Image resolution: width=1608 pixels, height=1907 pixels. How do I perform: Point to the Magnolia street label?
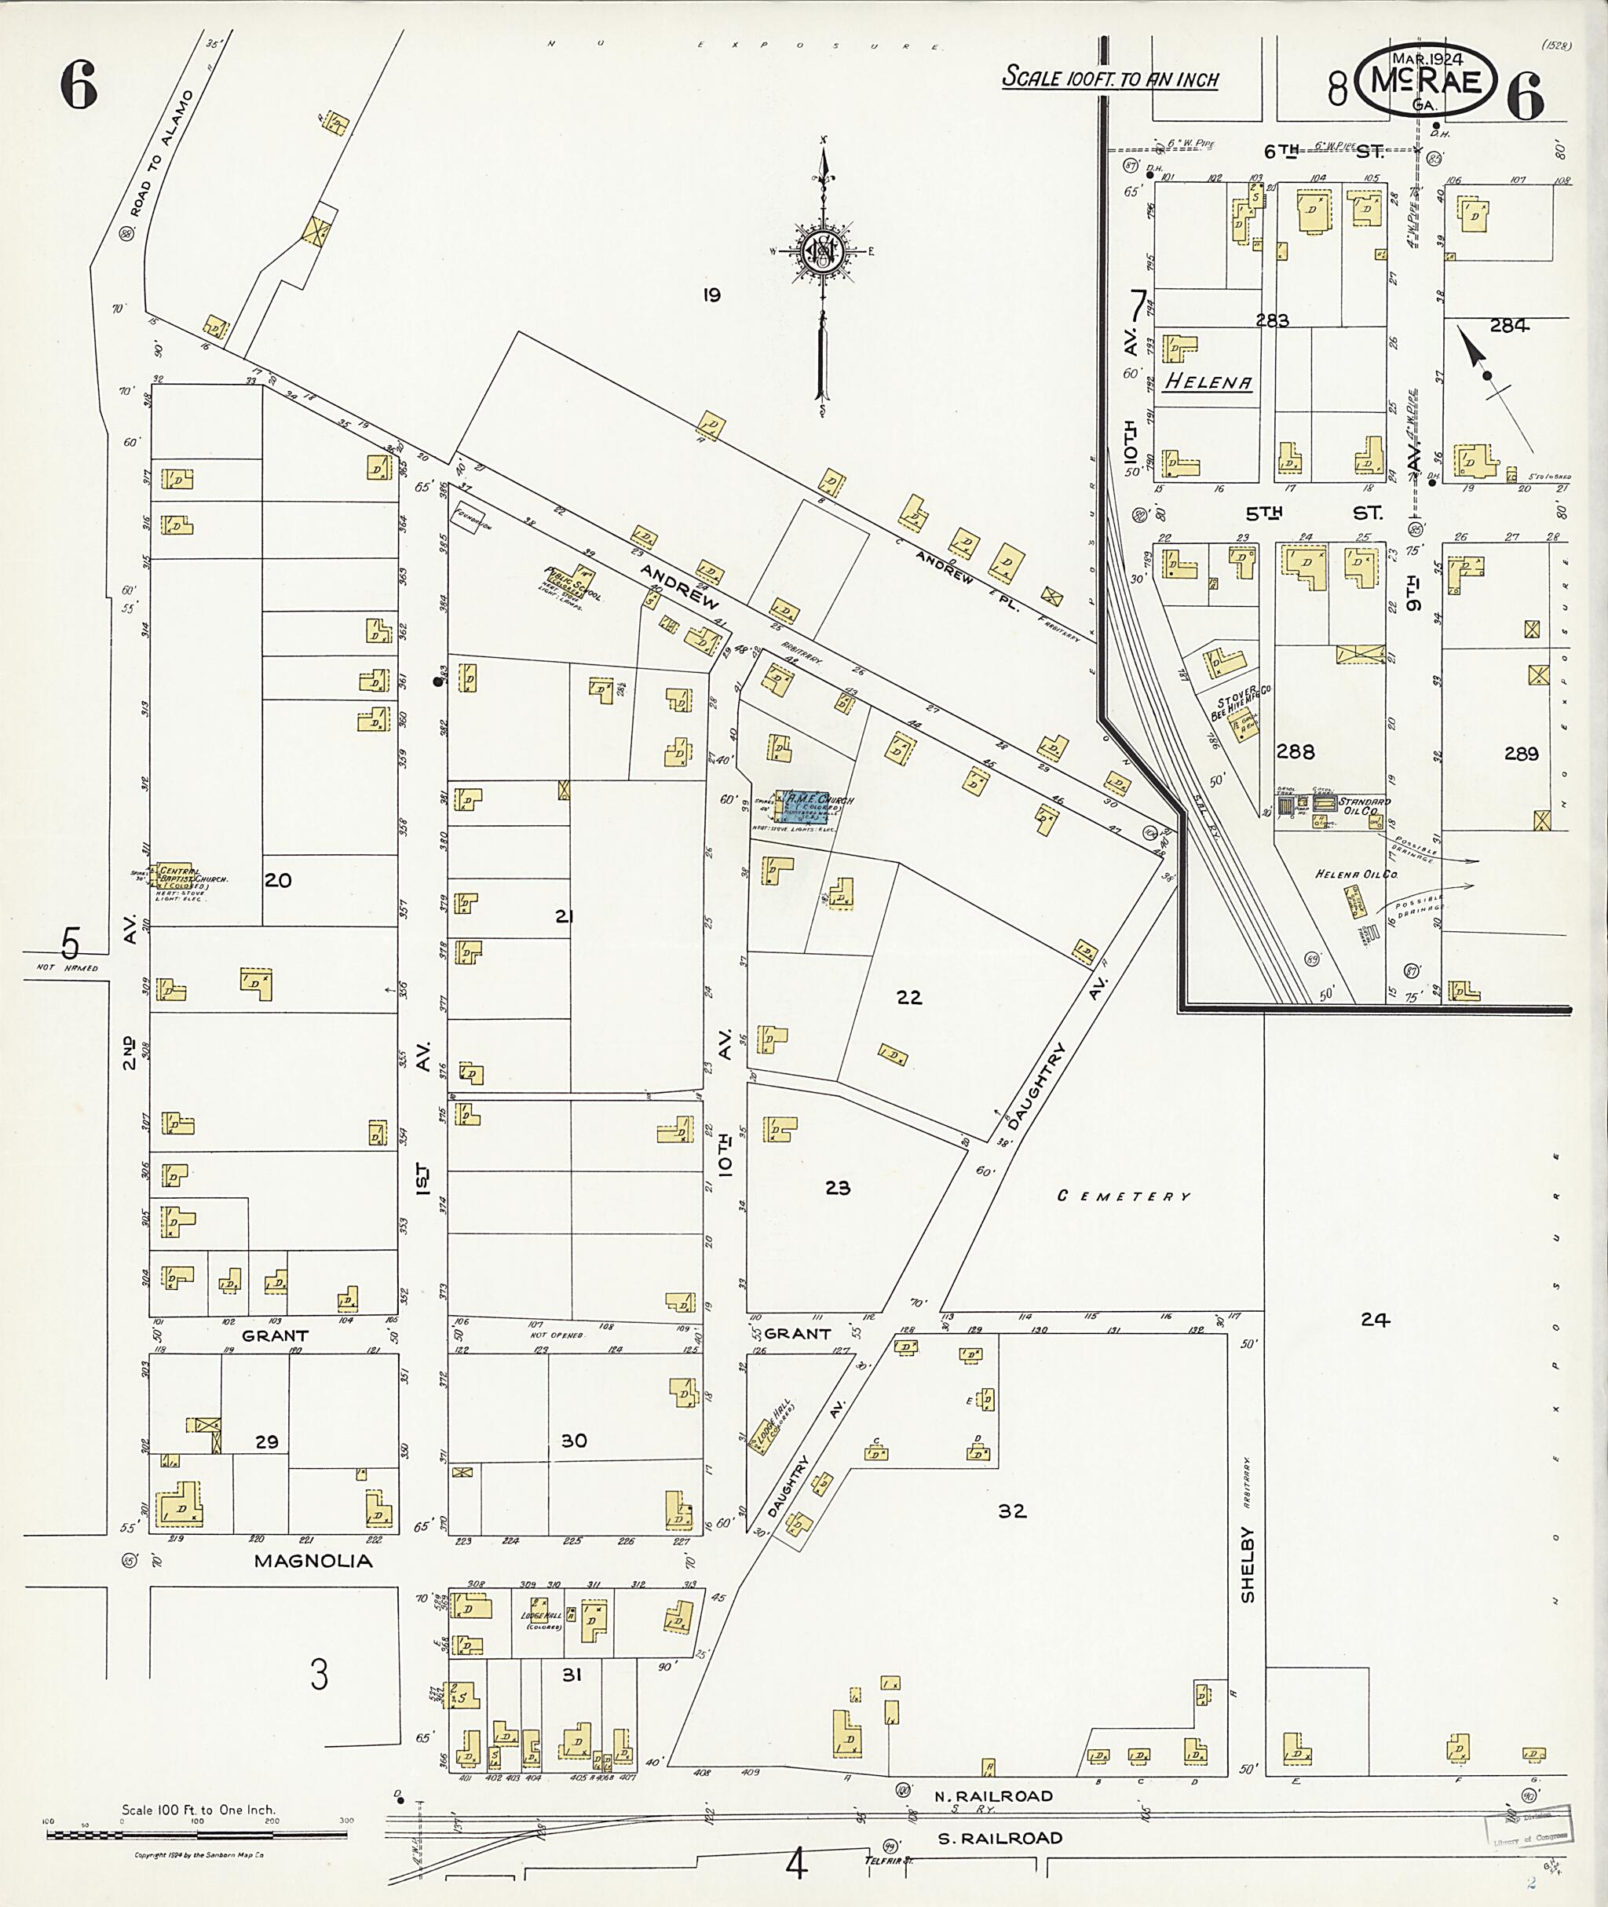pos(312,1562)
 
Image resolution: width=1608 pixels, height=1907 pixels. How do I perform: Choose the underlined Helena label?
pos(1208,383)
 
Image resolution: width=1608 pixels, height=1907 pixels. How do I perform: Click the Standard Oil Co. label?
pos(1365,806)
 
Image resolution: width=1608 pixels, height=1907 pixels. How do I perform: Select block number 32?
pos(1012,1511)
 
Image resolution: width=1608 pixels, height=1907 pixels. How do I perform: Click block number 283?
pos(1272,320)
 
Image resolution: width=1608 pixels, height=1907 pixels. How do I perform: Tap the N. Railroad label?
pos(993,1796)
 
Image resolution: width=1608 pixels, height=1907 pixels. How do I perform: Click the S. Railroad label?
pos(1000,1838)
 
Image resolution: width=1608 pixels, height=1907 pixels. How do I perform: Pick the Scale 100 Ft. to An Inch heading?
pos(1109,79)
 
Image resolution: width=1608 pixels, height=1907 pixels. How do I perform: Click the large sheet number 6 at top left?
pos(79,89)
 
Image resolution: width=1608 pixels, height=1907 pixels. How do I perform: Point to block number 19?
pos(712,294)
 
